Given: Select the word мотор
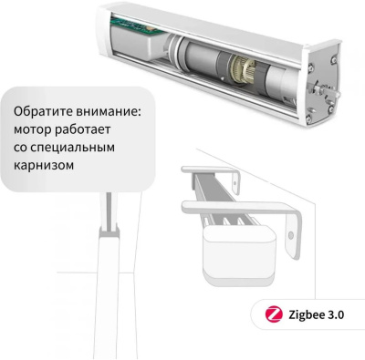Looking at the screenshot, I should click(33, 130).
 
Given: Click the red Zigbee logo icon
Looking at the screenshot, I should click(270, 315).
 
